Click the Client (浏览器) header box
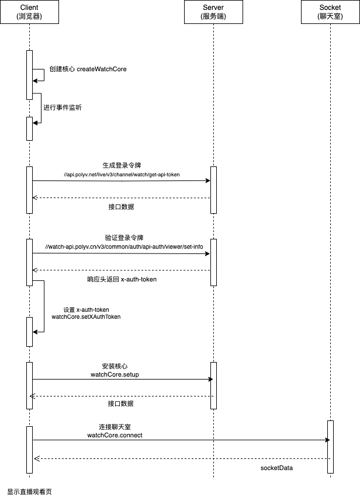[x=29, y=12]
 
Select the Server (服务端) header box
[x=213, y=12]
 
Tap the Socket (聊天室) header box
[x=330, y=12]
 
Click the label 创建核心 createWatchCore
[x=88, y=69]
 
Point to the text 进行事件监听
[x=63, y=107]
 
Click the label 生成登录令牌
[x=122, y=165]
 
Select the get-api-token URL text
[x=122, y=175]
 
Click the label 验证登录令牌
[x=124, y=238]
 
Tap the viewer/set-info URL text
[x=124, y=246]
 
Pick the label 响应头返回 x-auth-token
[x=122, y=279]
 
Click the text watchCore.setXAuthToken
[x=86, y=317]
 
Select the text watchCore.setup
[x=115, y=374]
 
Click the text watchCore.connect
[x=115, y=435]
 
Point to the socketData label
[x=276, y=468]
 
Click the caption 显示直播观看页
[x=29, y=492]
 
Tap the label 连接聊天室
[x=115, y=427]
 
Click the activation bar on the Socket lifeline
[x=330, y=447]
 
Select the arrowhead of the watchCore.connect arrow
[x=327, y=440]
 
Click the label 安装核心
[x=115, y=366]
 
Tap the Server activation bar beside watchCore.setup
[x=213, y=385]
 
